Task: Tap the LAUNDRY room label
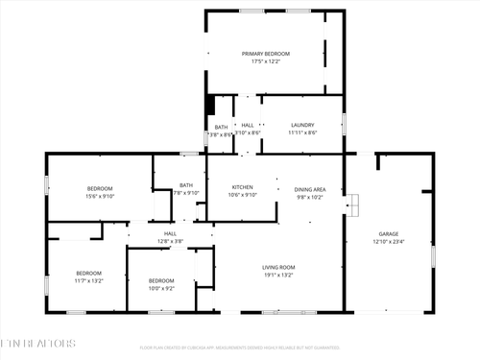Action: [x=302, y=125]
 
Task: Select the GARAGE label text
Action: [x=389, y=233]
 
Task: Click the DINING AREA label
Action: [x=309, y=189]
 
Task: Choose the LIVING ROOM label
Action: [x=278, y=266]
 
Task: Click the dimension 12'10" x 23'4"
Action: [x=389, y=241]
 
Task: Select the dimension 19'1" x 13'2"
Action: [x=278, y=274]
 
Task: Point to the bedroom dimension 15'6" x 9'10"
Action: [x=101, y=195]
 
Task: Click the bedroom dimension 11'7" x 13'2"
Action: [x=89, y=280]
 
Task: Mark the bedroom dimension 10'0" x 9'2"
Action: [x=160, y=287]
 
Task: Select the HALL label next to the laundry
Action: [x=248, y=126]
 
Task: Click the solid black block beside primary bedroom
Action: [x=210, y=105]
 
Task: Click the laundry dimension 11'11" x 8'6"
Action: [x=302, y=133]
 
